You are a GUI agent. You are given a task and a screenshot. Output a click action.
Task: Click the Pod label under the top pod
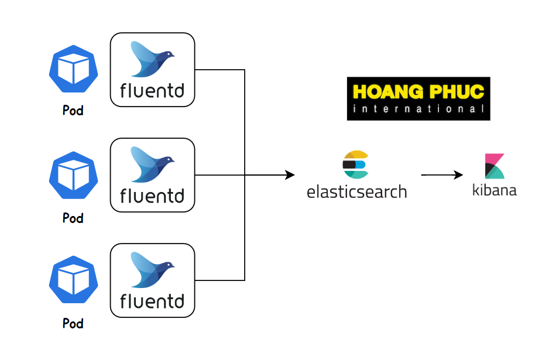tap(73, 110)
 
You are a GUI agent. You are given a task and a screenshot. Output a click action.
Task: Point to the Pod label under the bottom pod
tap(73, 323)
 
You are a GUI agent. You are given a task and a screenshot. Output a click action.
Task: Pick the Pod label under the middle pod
tap(73, 218)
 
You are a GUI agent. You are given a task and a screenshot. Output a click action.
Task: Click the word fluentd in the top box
tap(152, 91)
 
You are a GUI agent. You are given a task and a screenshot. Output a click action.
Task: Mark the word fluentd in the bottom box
tap(152, 301)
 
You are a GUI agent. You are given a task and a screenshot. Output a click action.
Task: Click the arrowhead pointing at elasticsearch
tap(290, 174)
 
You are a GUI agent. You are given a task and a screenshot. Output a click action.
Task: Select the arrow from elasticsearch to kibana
tap(442, 174)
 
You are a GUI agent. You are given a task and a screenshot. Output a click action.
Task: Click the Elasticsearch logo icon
tap(355, 164)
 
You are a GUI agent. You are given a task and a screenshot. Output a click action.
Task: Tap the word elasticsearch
tap(356, 191)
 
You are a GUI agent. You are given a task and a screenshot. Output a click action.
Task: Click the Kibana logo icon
tap(494, 166)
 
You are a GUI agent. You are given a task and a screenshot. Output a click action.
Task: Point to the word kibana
tap(495, 190)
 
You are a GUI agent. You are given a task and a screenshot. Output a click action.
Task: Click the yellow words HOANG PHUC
tap(418, 92)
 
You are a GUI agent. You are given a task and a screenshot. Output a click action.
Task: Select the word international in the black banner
tap(418, 109)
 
